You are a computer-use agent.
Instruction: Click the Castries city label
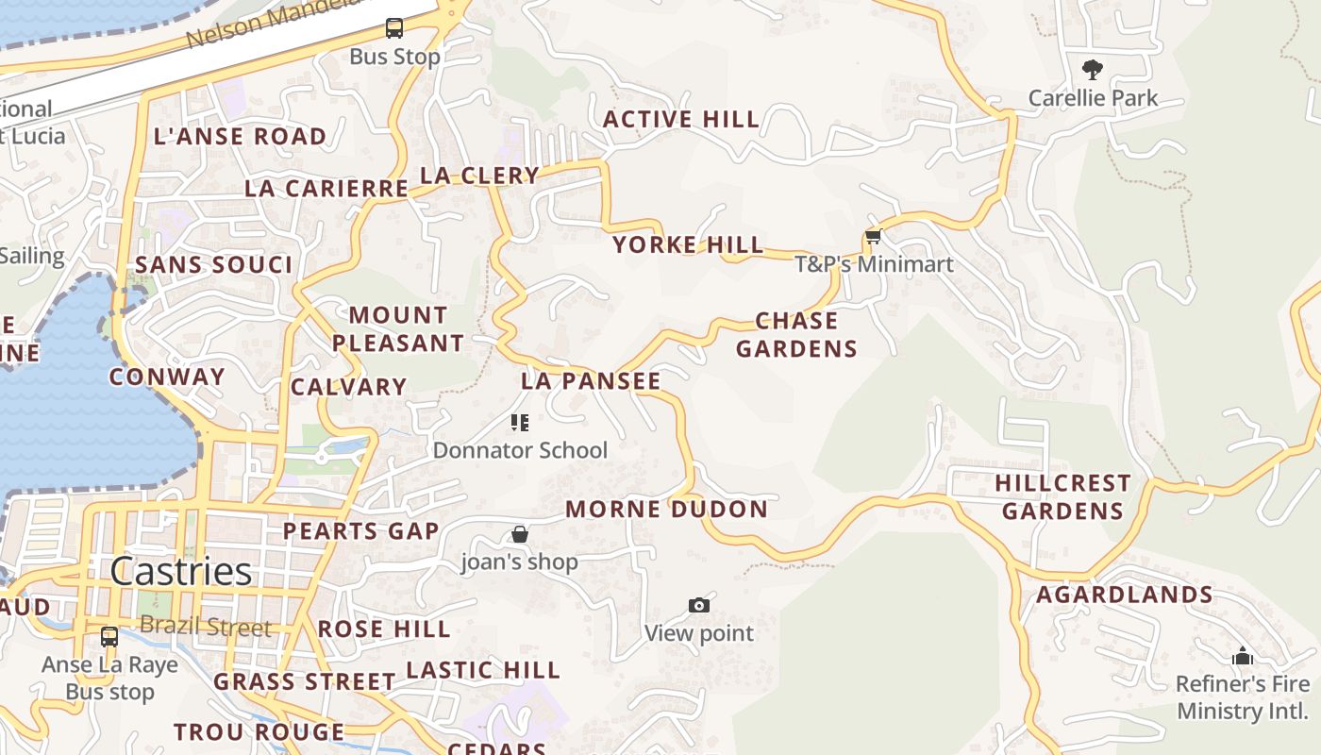[180, 571]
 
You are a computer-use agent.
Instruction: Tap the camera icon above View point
[698, 605]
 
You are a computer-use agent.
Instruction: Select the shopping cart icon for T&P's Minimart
[873, 236]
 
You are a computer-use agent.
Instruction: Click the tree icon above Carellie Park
[1092, 69]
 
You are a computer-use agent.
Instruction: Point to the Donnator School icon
[519, 422]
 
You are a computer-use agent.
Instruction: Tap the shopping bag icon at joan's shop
[519, 534]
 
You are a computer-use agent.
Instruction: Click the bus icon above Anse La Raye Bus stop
[109, 636]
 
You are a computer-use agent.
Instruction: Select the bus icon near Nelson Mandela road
[394, 28]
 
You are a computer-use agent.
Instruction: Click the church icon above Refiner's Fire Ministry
[1242, 656]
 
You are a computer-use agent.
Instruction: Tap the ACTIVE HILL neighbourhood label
[680, 119]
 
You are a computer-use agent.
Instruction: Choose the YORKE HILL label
[688, 245]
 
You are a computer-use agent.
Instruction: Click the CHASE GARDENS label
[796, 335]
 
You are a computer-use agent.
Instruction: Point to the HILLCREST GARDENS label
[1062, 497]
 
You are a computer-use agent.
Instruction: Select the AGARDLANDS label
[1124, 595]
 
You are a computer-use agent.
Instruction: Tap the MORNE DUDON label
[666, 510]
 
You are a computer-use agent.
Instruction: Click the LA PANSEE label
[591, 381]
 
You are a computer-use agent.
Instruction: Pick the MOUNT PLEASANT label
[398, 329]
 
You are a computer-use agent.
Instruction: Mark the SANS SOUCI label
[214, 265]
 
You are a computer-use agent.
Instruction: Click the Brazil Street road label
[206, 627]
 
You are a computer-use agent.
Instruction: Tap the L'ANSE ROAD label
[240, 136]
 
